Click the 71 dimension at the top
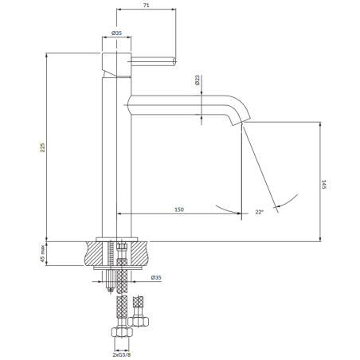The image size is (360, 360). [146, 5]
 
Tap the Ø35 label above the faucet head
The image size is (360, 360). [116, 33]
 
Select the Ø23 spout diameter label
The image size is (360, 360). [198, 80]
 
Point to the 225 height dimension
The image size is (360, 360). [43, 147]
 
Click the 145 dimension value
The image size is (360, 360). [323, 184]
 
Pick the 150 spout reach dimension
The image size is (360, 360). [179, 209]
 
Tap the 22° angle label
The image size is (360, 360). [260, 212]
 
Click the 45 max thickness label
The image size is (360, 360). [42, 254]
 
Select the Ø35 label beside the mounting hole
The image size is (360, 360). [156, 277]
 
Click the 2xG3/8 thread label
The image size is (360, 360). [122, 354]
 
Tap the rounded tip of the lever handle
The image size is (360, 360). [174, 61]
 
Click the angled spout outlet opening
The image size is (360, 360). [240, 122]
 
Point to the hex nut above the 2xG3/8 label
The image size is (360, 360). [122, 332]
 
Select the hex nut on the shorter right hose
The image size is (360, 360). [138, 322]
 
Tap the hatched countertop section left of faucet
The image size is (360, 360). [93, 253]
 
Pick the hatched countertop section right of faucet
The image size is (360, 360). [139, 253]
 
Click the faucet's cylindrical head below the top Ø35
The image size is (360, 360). [116, 65]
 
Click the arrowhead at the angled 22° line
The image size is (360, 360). [277, 206]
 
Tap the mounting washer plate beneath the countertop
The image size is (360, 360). [118, 268]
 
